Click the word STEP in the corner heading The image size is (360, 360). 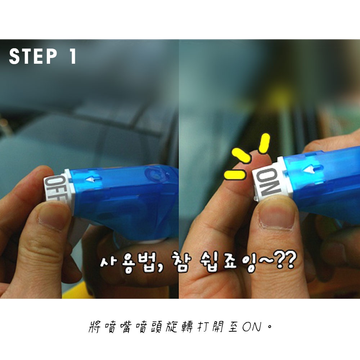(33, 56)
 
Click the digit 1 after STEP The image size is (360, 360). (73, 56)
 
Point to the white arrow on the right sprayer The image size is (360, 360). (312, 170)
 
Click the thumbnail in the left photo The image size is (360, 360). (51, 215)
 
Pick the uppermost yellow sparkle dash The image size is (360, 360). (264, 144)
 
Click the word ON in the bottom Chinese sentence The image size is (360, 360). (252, 327)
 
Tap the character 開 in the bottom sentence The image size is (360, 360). (217, 327)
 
